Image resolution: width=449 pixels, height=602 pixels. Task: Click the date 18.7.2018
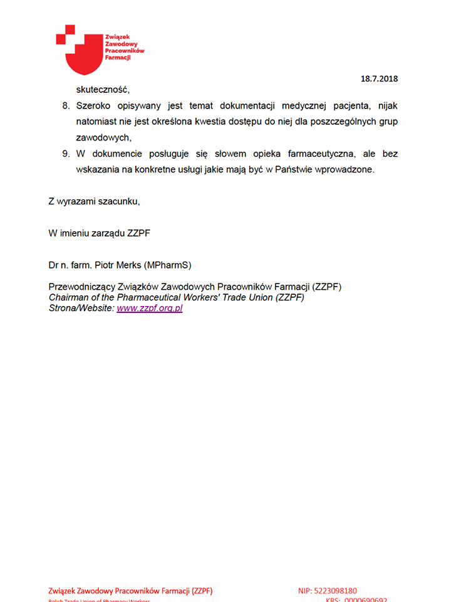(x=379, y=78)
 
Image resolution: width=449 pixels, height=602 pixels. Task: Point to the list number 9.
(x=66, y=154)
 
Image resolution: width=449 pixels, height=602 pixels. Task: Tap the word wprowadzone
(x=343, y=170)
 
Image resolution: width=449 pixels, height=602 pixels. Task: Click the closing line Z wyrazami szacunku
(x=94, y=201)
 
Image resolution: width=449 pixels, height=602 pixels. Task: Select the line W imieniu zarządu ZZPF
(x=99, y=233)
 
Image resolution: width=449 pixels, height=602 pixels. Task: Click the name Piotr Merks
(x=118, y=265)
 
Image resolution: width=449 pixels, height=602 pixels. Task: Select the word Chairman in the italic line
(x=68, y=298)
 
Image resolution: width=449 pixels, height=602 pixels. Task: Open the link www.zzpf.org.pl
(x=149, y=309)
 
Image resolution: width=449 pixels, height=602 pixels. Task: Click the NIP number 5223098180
(x=336, y=590)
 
